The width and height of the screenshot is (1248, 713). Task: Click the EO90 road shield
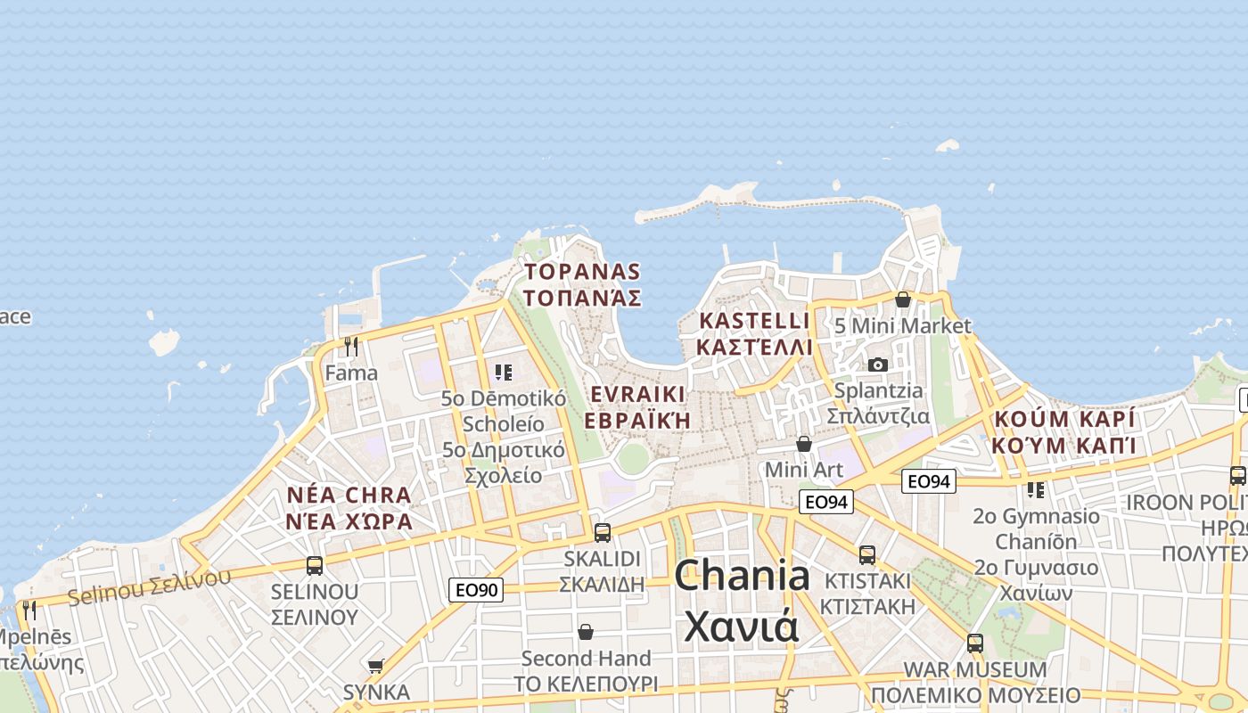point(476,589)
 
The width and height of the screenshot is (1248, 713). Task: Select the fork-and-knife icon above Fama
point(351,346)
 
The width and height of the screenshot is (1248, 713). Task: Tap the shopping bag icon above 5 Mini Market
point(903,299)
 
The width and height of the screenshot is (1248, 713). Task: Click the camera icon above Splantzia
point(878,365)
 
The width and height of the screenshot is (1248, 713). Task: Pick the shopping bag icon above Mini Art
point(804,443)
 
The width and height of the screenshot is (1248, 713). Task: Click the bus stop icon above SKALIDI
point(603,533)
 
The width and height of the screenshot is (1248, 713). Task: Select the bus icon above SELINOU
point(315,565)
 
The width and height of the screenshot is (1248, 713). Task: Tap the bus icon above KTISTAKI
point(867,555)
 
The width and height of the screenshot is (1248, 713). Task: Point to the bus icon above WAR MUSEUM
point(975,643)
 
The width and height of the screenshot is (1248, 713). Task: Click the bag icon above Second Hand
point(586,632)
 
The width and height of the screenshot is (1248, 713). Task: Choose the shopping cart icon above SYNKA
point(376,666)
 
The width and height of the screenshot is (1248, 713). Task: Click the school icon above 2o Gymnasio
point(1035,489)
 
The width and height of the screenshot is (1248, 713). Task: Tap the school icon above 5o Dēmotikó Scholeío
point(504,372)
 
